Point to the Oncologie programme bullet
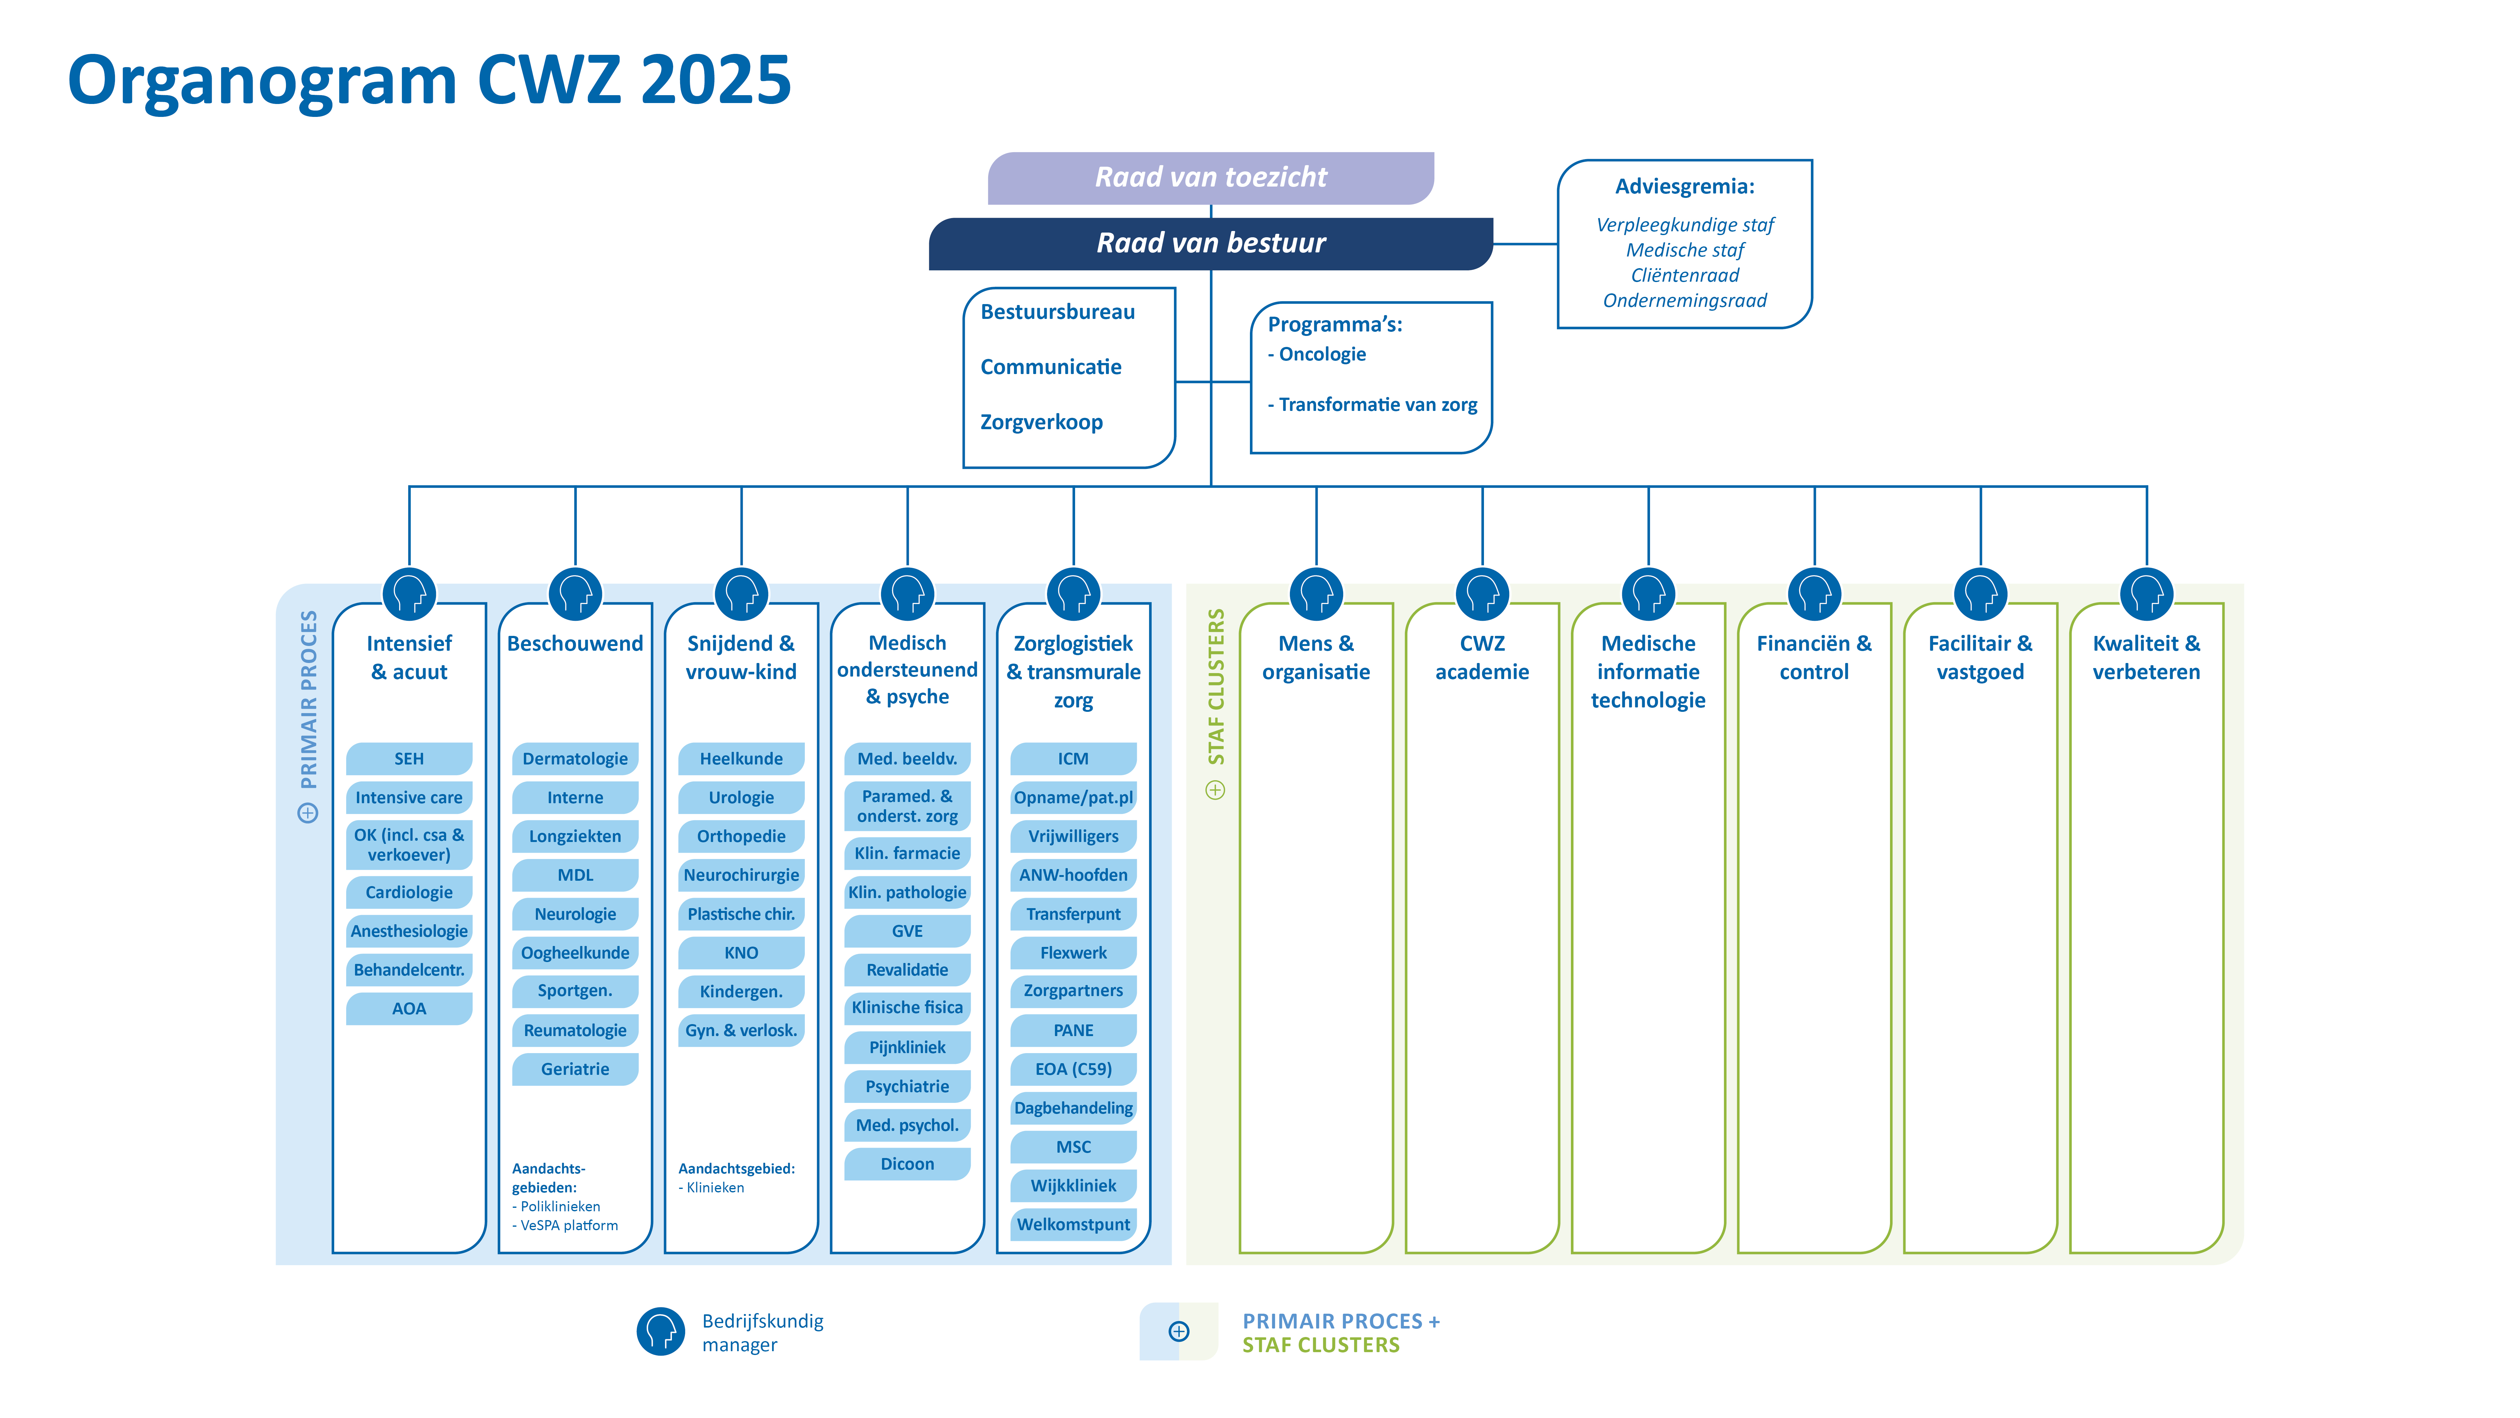click(x=1321, y=354)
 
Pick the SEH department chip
click(x=409, y=758)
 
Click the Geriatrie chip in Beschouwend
click(x=575, y=1069)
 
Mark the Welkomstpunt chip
click(x=1073, y=1224)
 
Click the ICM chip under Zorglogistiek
click(x=1073, y=758)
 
